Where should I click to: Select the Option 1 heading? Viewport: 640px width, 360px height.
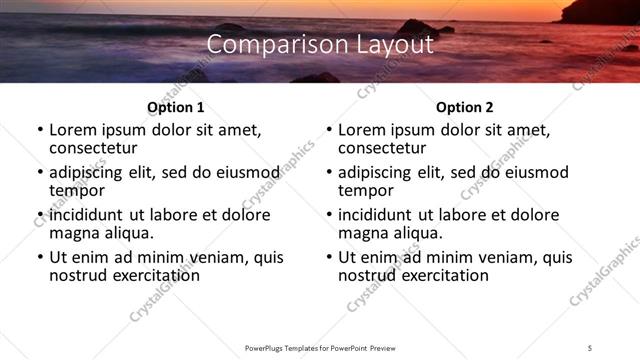pos(175,107)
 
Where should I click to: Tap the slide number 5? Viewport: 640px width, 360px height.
pos(590,347)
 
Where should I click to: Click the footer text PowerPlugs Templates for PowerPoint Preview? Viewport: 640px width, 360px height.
pos(319,347)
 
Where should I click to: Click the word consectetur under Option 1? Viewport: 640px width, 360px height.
pos(95,147)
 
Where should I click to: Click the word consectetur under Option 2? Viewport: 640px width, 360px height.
pos(384,147)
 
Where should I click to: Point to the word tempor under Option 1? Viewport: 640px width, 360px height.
pos(77,190)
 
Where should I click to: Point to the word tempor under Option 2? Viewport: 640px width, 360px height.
pos(366,190)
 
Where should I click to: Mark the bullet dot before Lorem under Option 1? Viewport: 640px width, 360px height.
pos(40,130)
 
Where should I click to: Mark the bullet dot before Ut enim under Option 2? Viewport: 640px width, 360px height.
pos(329,258)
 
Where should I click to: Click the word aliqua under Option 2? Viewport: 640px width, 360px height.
pos(412,233)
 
